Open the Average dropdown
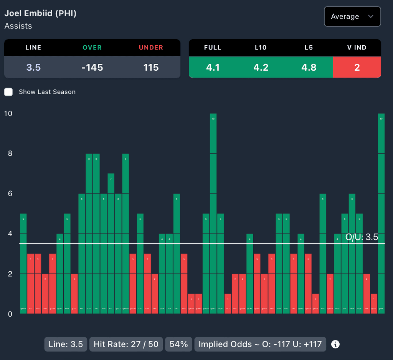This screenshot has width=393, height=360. [352, 17]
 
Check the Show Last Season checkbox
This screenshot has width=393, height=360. [8, 92]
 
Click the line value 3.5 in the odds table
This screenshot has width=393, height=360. [33, 68]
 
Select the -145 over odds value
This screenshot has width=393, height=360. [92, 68]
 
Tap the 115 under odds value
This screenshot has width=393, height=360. [151, 68]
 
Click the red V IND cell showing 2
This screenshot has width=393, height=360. [357, 68]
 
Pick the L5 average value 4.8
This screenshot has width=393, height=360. [309, 68]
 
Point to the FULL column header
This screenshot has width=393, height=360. [213, 48]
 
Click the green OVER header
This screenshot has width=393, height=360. [92, 48]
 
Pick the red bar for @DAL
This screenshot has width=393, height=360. [374, 304]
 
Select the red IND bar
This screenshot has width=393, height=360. [45, 294]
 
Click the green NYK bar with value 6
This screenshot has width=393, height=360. [323, 254]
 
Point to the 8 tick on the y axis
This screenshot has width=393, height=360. [8, 153]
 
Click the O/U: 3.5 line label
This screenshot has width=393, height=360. [362, 237]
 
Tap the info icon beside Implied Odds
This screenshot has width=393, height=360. [335, 344]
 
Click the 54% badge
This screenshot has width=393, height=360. [179, 344]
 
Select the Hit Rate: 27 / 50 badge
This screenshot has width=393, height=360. [126, 344]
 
